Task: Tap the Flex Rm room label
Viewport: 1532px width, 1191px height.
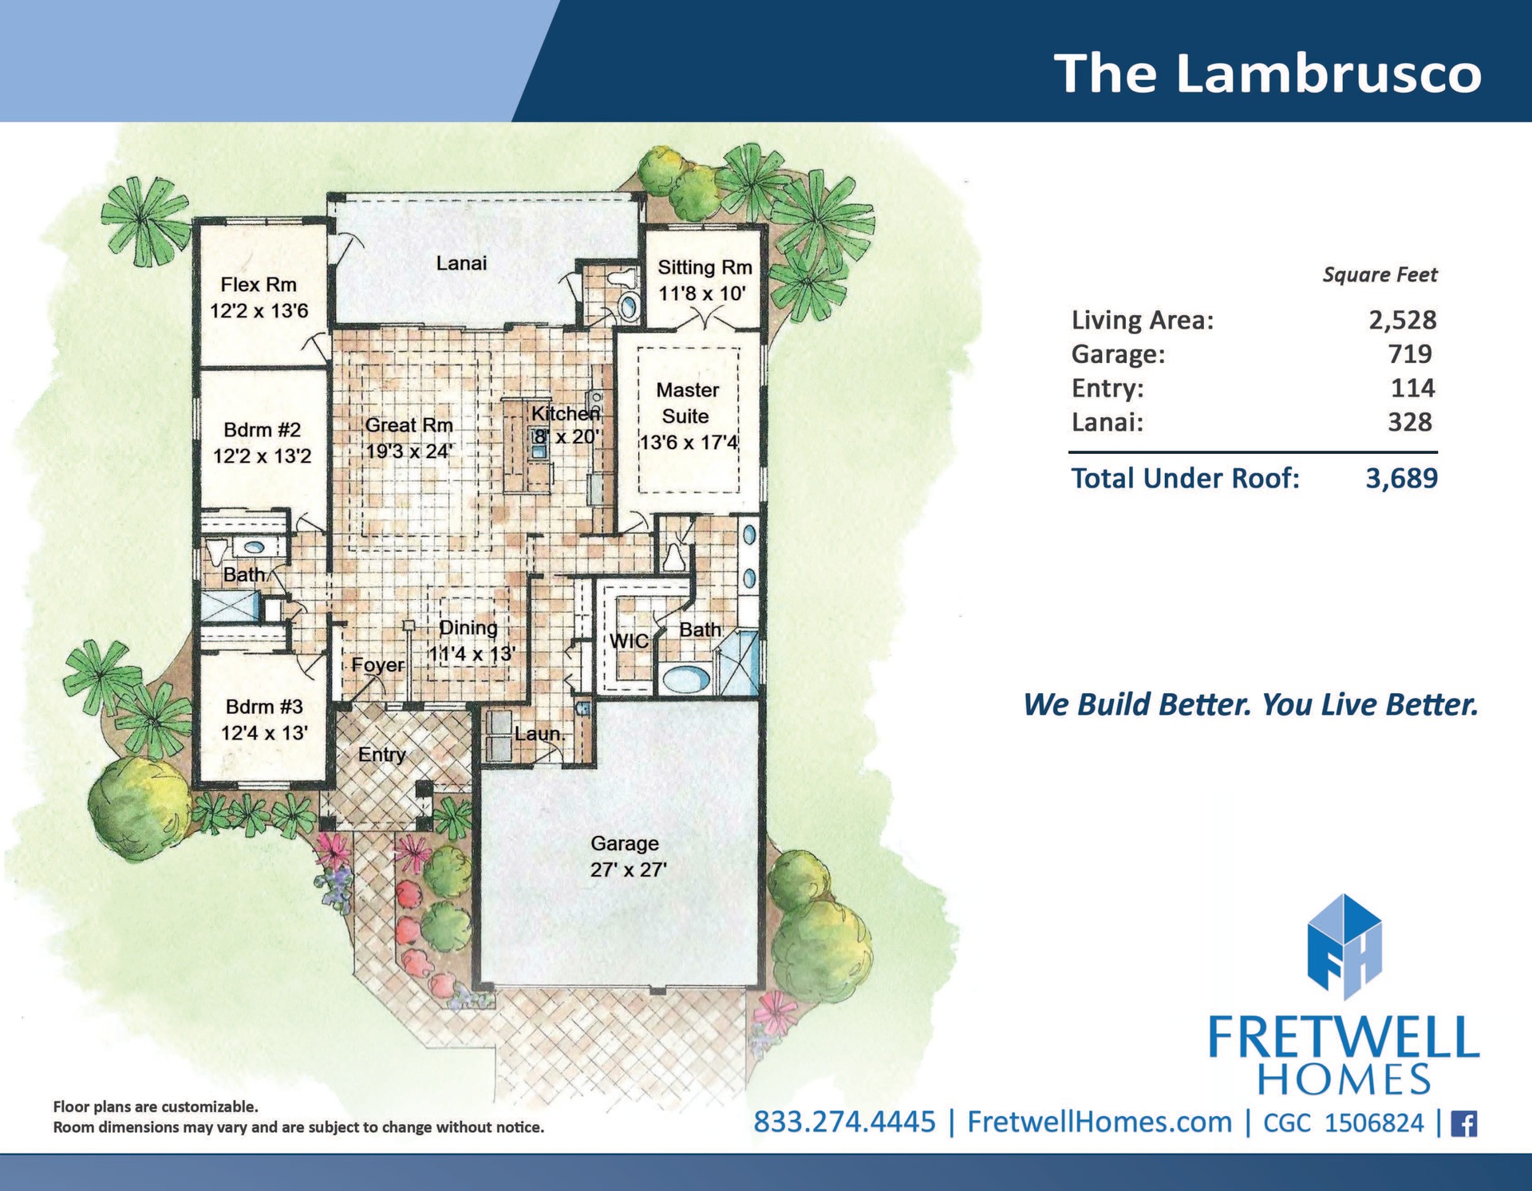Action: tap(259, 285)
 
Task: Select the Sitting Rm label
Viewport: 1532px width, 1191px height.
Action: tap(705, 267)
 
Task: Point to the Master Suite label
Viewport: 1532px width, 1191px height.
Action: tap(687, 403)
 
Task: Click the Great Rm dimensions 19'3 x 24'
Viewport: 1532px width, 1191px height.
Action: tap(409, 452)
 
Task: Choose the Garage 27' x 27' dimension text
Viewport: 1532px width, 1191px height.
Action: tap(629, 870)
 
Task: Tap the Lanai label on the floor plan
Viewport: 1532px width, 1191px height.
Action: tap(461, 263)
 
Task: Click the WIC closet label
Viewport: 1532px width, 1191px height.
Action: tap(630, 641)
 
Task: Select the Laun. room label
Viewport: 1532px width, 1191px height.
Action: tap(539, 734)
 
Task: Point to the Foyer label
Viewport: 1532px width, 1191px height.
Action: tap(378, 665)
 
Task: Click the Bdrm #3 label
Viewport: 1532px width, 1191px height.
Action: tap(264, 707)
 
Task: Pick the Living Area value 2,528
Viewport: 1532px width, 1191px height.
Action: tap(1403, 320)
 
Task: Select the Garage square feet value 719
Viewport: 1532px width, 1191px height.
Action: tap(1411, 353)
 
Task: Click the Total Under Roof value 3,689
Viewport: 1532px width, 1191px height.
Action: tap(1402, 478)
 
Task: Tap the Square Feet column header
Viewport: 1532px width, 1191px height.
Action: tap(1380, 275)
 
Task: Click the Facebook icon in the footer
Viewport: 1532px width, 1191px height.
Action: tap(1464, 1124)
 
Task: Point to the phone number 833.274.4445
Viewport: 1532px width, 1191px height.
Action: tap(844, 1122)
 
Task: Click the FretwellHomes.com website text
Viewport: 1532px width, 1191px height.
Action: tap(1100, 1122)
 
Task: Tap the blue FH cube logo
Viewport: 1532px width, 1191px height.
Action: tap(1344, 947)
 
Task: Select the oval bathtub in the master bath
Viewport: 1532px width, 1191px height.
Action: tap(686, 680)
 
